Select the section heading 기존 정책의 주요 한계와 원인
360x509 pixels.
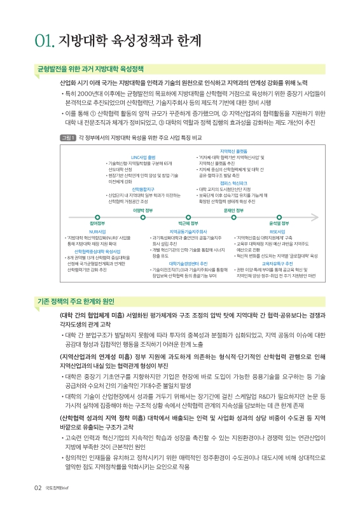point(71,302)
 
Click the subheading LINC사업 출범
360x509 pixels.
point(143,157)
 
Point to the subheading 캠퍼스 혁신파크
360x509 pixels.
point(233,183)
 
